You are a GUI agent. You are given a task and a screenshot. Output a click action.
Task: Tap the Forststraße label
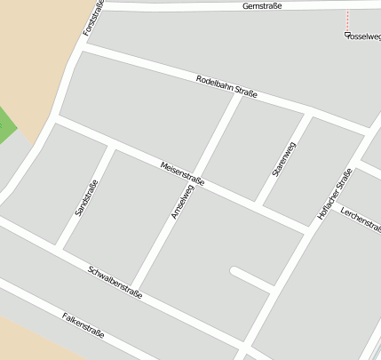[93, 18]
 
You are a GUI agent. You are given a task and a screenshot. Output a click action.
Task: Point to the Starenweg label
[284, 159]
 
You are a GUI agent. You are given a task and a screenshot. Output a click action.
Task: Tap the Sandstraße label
[86, 199]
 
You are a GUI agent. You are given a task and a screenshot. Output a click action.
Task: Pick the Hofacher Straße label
[335, 194]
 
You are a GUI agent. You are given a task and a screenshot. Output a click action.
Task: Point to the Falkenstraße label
[83, 325]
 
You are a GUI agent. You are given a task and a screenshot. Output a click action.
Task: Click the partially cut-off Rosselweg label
[364, 37]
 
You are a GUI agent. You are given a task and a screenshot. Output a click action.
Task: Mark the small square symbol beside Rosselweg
[346, 35]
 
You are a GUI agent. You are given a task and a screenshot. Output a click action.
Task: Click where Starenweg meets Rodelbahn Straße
[310, 115]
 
